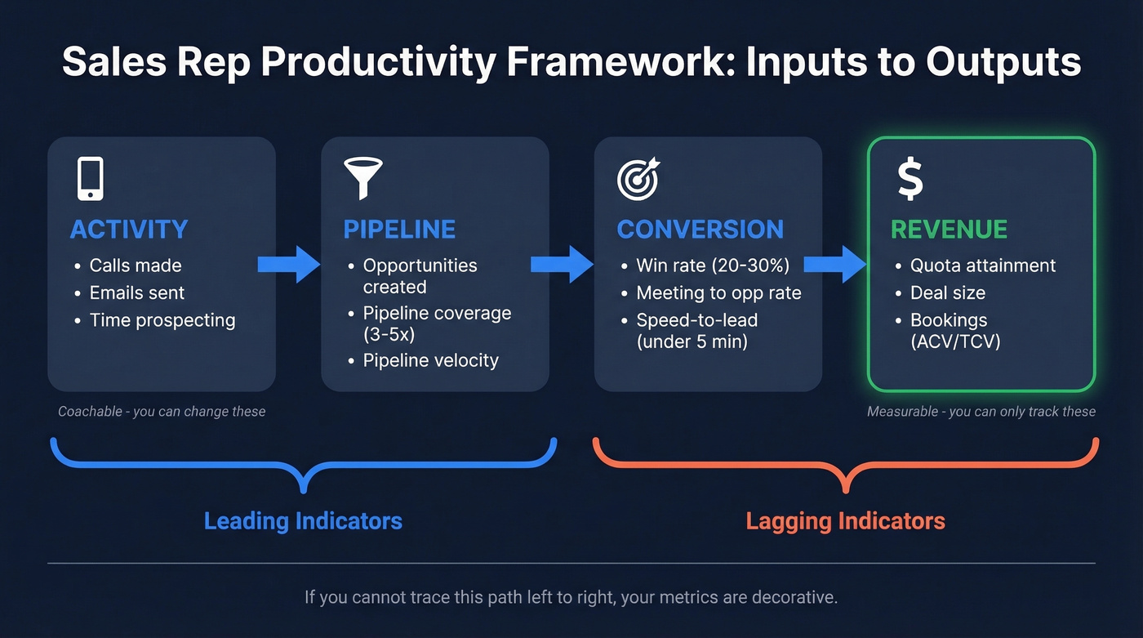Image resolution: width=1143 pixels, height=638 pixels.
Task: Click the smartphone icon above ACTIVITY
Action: (x=90, y=178)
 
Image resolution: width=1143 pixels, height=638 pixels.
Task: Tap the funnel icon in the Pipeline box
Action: (x=363, y=178)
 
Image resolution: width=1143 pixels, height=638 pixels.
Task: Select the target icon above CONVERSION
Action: (x=638, y=179)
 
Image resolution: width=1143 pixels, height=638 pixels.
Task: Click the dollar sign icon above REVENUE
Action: (x=910, y=179)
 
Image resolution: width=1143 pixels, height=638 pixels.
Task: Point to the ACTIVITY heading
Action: (x=129, y=230)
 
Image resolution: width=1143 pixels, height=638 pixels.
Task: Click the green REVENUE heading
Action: (x=949, y=230)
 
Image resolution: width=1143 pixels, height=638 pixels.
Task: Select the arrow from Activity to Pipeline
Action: (x=289, y=264)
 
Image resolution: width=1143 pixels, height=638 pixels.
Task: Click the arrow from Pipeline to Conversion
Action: (x=563, y=264)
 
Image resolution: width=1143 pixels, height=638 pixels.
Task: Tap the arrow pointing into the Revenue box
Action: (x=835, y=264)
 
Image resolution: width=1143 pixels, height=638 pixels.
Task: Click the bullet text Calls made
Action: (x=136, y=265)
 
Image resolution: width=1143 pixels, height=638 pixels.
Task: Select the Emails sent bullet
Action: (x=137, y=292)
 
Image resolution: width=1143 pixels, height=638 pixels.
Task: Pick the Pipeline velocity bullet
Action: (x=430, y=360)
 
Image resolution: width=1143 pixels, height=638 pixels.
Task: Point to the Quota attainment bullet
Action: (x=983, y=265)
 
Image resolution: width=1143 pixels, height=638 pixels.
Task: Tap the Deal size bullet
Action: (x=948, y=292)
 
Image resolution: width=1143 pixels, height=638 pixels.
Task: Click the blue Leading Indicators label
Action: (x=303, y=521)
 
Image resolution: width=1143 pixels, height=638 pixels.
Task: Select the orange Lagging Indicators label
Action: (x=846, y=521)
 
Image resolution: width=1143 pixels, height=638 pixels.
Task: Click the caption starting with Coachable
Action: (x=162, y=412)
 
